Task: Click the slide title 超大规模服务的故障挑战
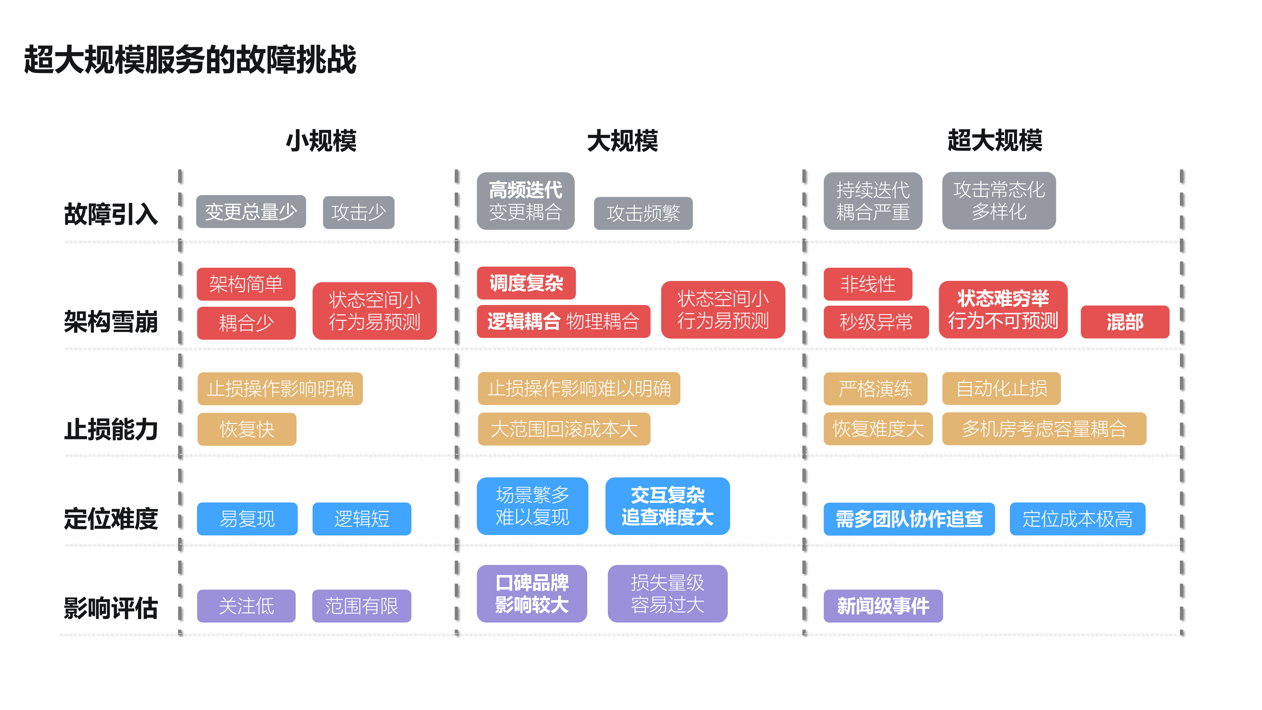(x=190, y=60)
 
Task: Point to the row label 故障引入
(x=111, y=214)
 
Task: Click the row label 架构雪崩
(x=111, y=322)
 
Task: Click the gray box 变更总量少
(x=251, y=212)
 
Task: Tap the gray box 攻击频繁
(x=643, y=213)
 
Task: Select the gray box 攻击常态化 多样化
(x=998, y=200)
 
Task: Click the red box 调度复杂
(x=526, y=283)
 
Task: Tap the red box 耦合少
(x=246, y=323)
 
